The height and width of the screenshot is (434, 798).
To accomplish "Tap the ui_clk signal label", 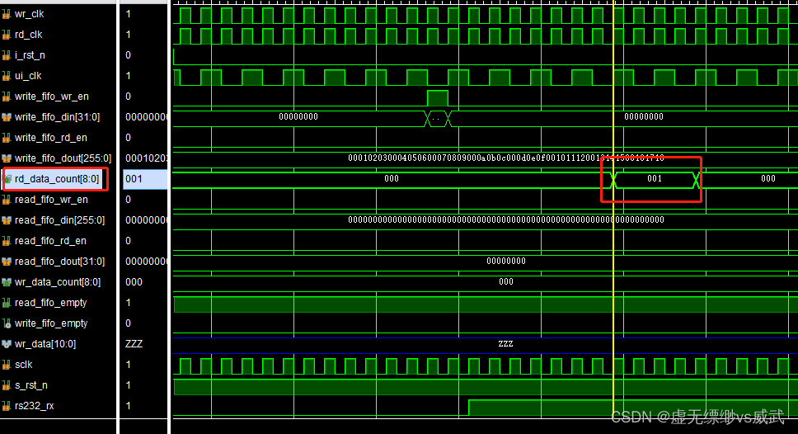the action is [x=28, y=76].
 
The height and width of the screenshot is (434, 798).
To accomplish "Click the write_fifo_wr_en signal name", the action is [x=51, y=97].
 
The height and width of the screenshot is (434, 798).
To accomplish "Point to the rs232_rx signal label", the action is [x=34, y=406].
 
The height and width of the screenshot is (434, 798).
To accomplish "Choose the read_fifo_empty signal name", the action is [x=50, y=303].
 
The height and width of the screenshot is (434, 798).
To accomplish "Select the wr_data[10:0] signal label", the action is [x=45, y=344].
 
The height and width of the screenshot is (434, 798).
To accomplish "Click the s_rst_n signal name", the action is [x=31, y=385].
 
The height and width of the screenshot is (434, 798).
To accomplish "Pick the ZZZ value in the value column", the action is [x=134, y=344].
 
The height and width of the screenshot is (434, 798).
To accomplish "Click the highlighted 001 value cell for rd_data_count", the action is [x=134, y=179].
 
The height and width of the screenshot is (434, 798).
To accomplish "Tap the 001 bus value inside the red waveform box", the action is [x=654, y=179].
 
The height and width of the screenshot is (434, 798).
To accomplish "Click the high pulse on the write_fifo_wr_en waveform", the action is [x=438, y=97].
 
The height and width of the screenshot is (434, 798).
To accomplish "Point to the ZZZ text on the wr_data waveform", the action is [x=505, y=343].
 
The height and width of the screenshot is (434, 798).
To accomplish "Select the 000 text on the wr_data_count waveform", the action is [x=505, y=281].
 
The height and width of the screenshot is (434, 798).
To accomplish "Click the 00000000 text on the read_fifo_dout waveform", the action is [x=505, y=261].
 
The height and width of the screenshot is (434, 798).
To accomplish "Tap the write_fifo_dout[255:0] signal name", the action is [x=62, y=158].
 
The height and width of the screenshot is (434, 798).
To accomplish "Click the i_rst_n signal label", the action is [x=30, y=55].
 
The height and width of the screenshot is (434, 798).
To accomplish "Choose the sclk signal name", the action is [x=24, y=365].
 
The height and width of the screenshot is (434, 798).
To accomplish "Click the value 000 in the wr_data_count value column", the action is [x=134, y=282].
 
